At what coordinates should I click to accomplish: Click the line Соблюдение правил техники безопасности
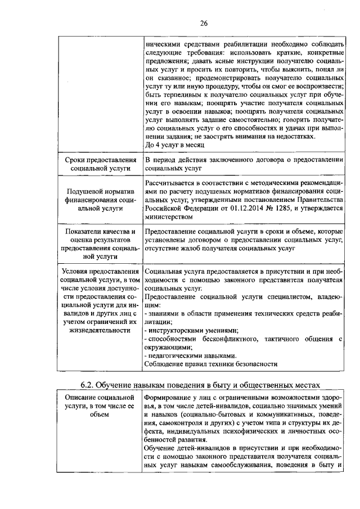coord(210,364)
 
